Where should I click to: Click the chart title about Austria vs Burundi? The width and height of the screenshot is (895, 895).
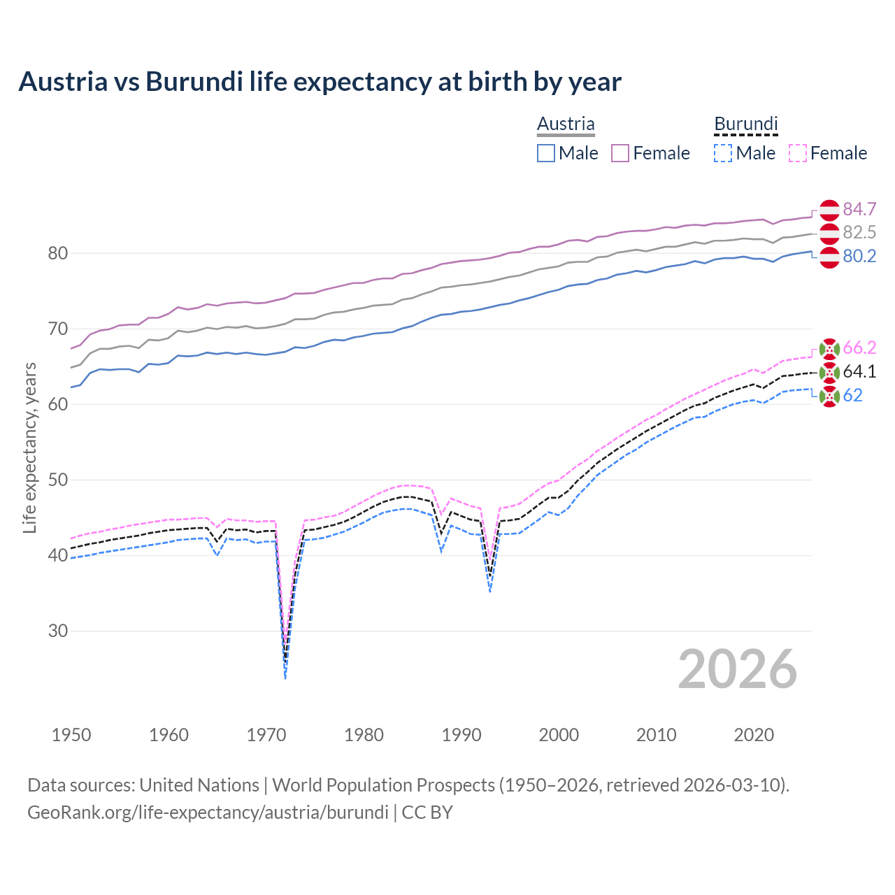click(x=320, y=82)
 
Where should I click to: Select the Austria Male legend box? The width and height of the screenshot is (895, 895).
click(x=546, y=153)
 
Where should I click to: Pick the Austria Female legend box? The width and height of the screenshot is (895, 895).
click(x=620, y=153)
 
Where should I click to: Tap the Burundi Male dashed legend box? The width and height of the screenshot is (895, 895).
click(x=723, y=153)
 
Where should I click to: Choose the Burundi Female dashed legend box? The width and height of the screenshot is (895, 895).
click(x=798, y=153)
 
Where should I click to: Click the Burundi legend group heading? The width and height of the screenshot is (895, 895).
click(x=745, y=124)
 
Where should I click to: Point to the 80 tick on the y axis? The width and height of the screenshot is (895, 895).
click(x=57, y=253)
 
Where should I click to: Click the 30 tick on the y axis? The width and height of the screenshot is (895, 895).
click(x=57, y=631)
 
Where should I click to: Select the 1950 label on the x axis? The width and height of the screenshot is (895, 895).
click(x=71, y=735)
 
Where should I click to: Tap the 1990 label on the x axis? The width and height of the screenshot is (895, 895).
click(x=461, y=735)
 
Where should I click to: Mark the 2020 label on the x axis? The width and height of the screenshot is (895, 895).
click(x=754, y=735)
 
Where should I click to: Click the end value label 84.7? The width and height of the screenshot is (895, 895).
click(x=859, y=209)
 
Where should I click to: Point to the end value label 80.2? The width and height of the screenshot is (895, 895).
click(x=859, y=256)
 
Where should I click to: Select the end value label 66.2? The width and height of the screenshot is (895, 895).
click(x=859, y=348)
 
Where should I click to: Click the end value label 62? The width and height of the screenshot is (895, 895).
click(x=852, y=395)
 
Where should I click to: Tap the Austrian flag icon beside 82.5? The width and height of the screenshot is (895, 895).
click(x=829, y=234)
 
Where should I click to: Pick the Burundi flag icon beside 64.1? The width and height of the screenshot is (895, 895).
click(x=829, y=372)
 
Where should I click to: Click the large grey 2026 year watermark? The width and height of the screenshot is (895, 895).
click(x=737, y=669)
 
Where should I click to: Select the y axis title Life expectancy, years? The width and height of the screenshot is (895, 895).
click(x=30, y=447)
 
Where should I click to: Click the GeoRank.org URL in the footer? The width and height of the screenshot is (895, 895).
click(x=208, y=812)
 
